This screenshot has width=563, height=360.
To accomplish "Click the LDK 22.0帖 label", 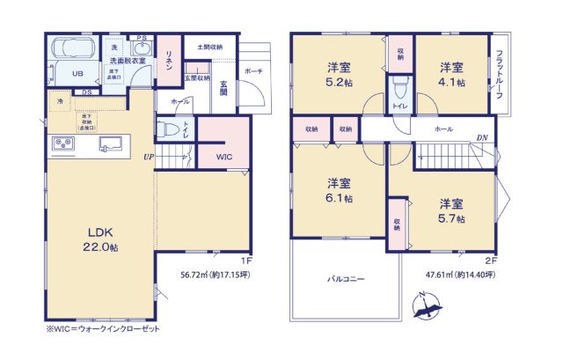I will (101, 240).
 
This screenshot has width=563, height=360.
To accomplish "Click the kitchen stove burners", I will (64, 144).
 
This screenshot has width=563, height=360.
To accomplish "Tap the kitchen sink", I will (111, 143).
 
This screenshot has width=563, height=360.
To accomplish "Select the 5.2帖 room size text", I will (340, 76).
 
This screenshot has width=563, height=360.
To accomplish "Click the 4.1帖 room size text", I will (452, 75).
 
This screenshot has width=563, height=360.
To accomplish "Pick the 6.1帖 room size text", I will (340, 191).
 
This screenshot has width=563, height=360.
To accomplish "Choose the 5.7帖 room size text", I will (452, 211).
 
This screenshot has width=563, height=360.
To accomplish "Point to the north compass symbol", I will (426, 308).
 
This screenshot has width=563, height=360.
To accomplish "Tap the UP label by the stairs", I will (150, 157).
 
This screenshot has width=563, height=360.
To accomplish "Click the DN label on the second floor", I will (482, 138).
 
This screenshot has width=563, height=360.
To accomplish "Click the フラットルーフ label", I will (500, 76).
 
